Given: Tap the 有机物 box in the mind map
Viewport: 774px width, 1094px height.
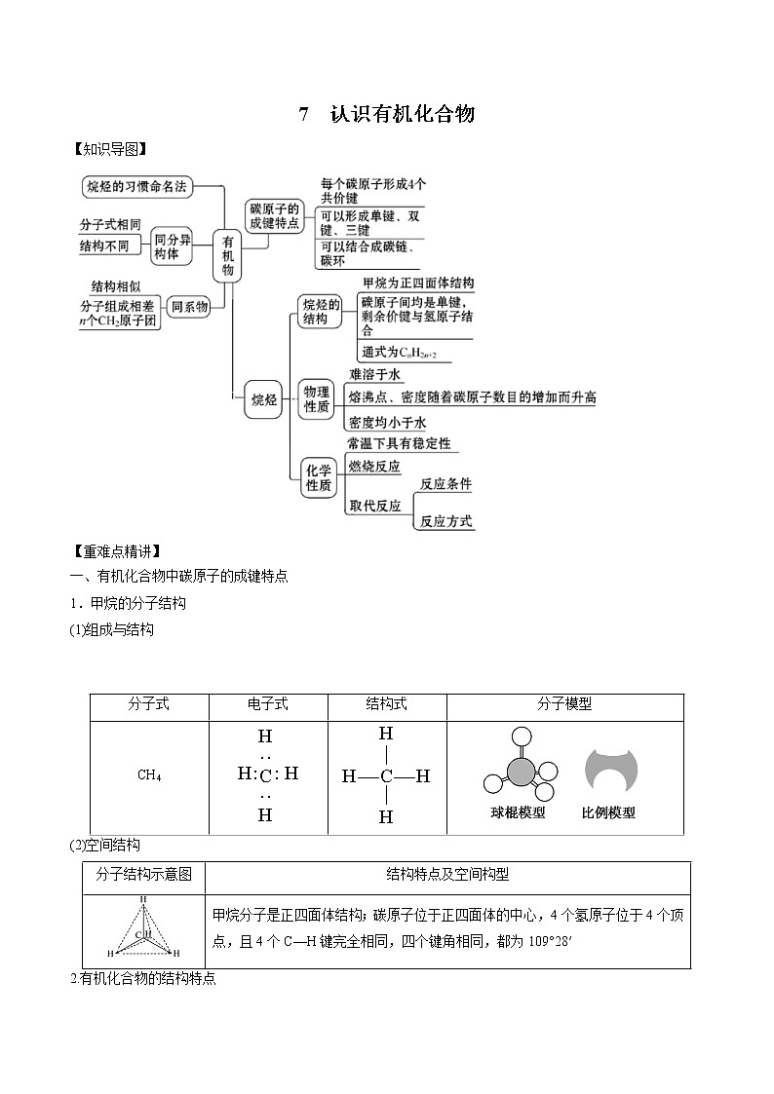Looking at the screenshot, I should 228,255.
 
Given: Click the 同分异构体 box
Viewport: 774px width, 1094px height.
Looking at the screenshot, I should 173,245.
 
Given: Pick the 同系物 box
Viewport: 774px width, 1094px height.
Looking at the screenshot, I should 190,307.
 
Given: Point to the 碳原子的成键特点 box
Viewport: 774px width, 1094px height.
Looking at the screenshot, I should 274,216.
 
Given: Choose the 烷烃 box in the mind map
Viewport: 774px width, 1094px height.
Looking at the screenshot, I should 263,398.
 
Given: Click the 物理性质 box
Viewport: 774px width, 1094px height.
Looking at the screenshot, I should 317,397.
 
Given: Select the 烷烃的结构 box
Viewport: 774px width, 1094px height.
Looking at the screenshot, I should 320,311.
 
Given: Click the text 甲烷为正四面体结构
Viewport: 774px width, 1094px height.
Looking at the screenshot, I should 417,283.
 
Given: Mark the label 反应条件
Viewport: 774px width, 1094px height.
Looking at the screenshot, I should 445,484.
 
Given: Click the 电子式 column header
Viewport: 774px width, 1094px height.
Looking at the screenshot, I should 268,704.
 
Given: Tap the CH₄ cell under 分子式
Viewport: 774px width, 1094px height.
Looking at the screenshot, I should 149,775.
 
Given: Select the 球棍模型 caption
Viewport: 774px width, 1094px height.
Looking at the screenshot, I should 518,812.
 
